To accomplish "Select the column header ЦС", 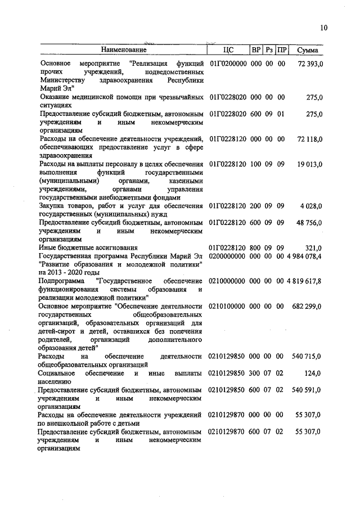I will tap(228, 51).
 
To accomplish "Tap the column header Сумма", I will tap(308, 51).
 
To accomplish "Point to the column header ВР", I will tap(255, 51).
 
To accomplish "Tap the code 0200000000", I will tap(228, 256).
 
